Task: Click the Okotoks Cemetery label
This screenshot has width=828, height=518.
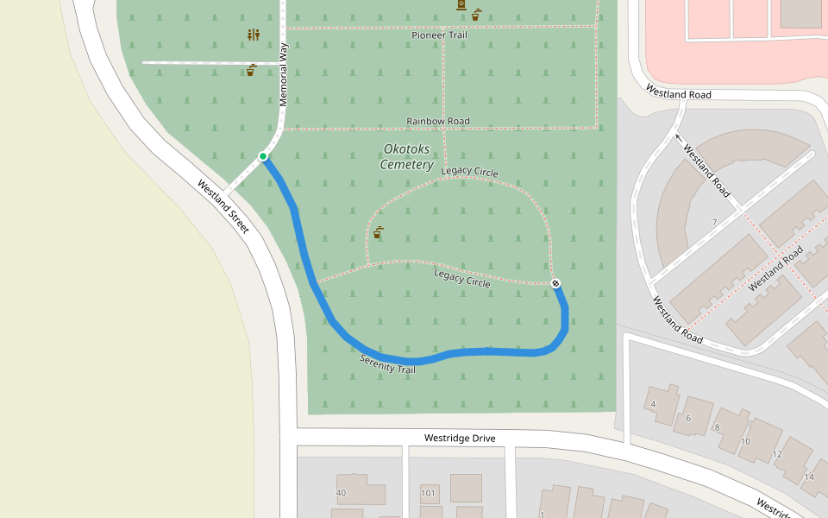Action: pyautogui.click(x=406, y=157)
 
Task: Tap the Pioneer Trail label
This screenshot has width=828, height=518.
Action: pyautogui.click(x=439, y=35)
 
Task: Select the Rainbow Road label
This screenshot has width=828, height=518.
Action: pyautogui.click(x=438, y=121)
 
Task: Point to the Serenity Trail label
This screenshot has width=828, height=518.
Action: pyautogui.click(x=387, y=364)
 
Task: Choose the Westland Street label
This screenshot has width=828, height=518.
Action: pyautogui.click(x=223, y=206)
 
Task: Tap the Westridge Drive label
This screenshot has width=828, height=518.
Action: pyautogui.click(x=460, y=439)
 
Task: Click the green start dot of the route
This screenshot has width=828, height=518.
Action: pyautogui.click(x=263, y=156)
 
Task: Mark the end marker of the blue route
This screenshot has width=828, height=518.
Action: pyautogui.click(x=555, y=283)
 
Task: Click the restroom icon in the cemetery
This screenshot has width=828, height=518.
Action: pyautogui.click(x=253, y=35)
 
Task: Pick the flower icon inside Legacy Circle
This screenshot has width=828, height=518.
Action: pyautogui.click(x=378, y=232)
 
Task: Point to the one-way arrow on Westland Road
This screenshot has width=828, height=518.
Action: pyautogui.click(x=679, y=136)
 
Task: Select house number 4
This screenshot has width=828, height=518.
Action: pyautogui.click(x=654, y=404)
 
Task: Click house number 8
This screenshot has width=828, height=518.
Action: pyautogui.click(x=717, y=427)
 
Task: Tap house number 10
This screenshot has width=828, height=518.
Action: pyautogui.click(x=745, y=441)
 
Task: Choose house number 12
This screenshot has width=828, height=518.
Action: pyautogui.click(x=776, y=454)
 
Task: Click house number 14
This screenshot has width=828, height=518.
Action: pyautogui.click(x=808, y=477)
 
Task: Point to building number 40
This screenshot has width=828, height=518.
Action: pyautogui.click(x=342, y=493)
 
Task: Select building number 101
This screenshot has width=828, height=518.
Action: pyautogui.click(x=429, y=494)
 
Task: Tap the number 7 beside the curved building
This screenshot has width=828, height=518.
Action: pyautogui.click(x=714, y=223)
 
